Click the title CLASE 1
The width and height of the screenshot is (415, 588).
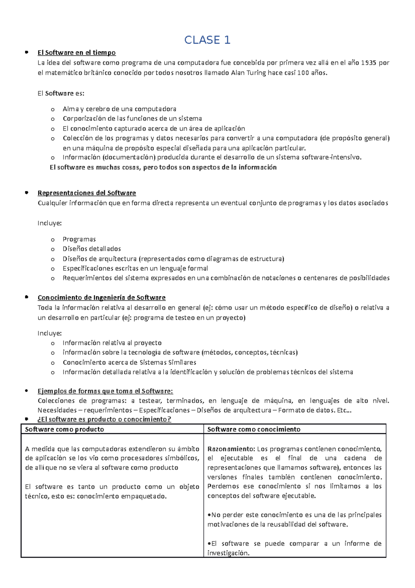207,40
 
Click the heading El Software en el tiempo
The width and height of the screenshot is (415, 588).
76,53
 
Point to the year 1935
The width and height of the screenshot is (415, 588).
368,63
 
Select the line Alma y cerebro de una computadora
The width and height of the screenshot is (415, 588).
119,109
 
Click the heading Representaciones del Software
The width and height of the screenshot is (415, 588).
86,193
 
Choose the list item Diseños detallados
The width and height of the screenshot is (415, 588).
92,249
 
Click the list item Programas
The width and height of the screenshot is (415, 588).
79,239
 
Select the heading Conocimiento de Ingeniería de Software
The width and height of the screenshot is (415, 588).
101,297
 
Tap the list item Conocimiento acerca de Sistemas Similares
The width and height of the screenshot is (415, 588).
129,362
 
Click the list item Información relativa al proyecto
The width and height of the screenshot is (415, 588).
112,343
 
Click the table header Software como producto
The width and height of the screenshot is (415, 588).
64,429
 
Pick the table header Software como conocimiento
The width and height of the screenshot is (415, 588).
253,429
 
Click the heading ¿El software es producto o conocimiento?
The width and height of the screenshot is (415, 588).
104,419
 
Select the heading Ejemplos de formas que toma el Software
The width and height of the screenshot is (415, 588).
105,391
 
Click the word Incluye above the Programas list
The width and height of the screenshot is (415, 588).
49,223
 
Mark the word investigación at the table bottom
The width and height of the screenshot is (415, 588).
228,553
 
